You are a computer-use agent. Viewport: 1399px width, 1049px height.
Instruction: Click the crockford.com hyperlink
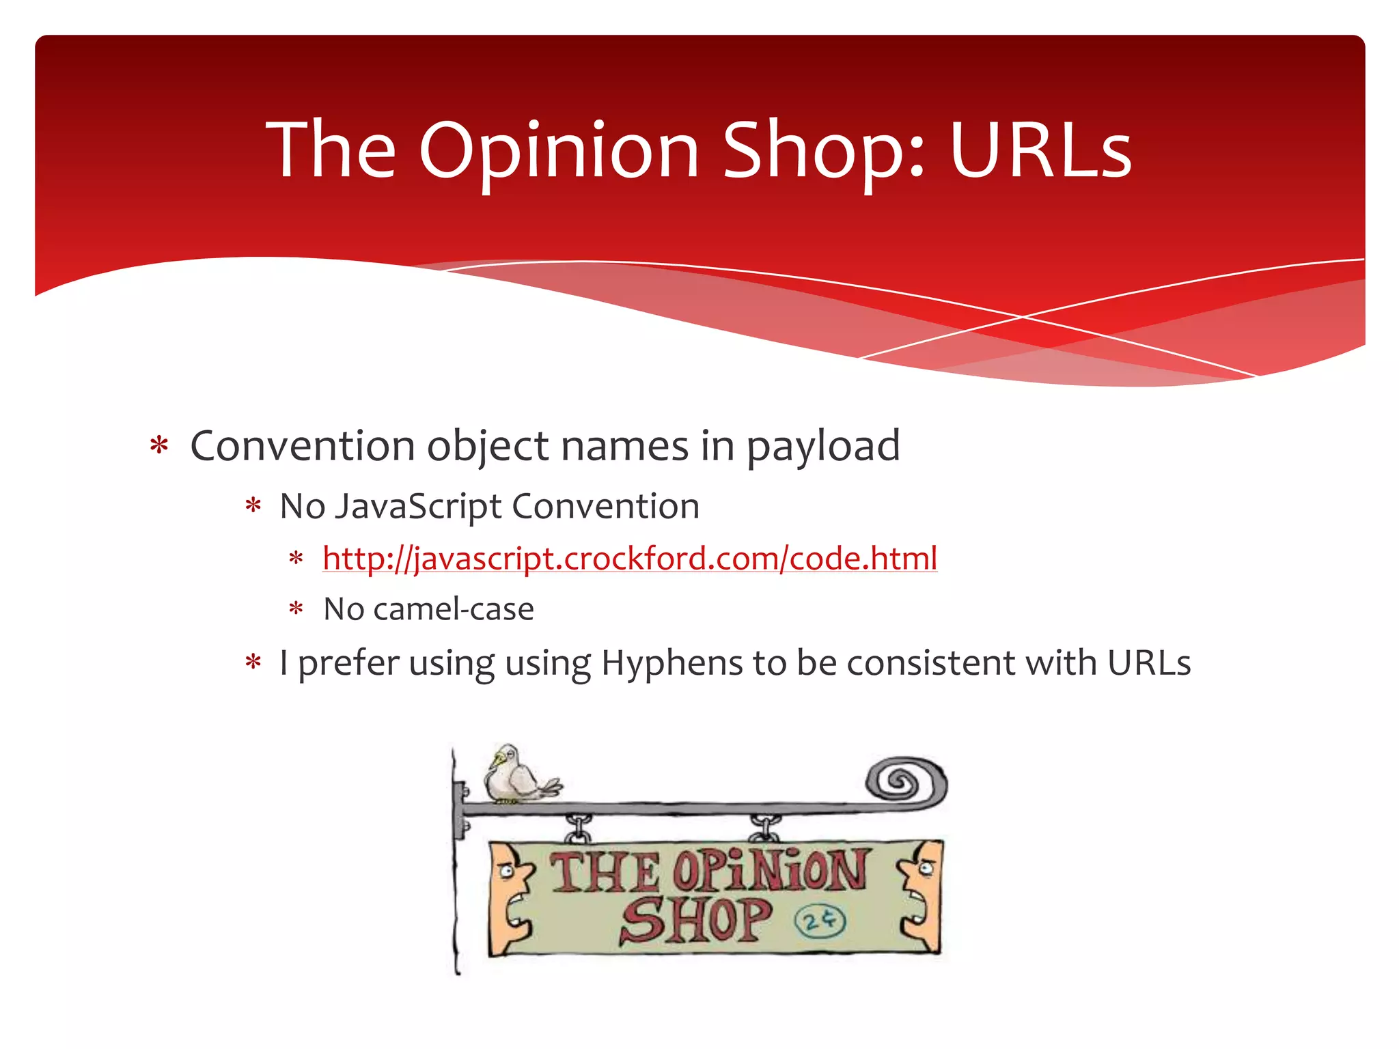point(630,559)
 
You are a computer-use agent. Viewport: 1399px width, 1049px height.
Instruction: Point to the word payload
point(822,447)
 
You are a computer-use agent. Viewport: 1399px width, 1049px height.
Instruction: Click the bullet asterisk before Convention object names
point(159,447)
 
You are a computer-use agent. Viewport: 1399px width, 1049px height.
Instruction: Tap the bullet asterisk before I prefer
point(253,662)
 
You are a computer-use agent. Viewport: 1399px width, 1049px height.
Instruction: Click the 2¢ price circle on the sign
point(819,921)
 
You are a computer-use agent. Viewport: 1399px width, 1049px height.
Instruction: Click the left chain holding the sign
point(577,828)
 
